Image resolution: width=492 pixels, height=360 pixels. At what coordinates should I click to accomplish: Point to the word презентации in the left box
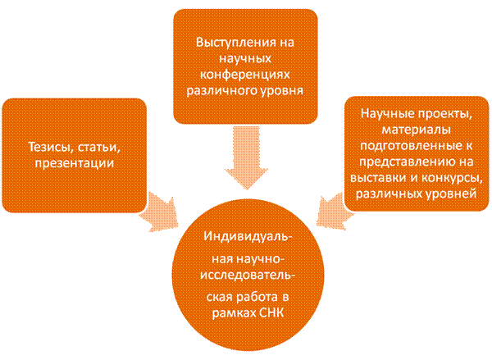pyautogui.click(x=80, y=163)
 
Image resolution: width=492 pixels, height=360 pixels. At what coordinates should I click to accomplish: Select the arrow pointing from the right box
pyautogui.click(x=332, y=205)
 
